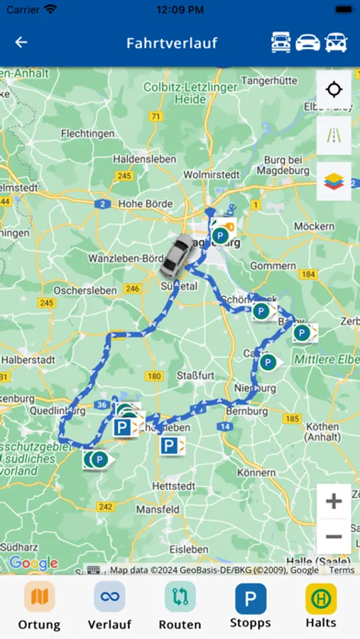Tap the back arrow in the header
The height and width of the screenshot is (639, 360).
[21, 43]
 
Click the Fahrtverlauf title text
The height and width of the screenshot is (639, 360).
[171, 43]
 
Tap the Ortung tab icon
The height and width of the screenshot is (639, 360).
[39, 597]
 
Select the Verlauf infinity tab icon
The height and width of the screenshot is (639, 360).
[109, 597]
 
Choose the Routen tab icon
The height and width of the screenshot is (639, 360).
[180, 597]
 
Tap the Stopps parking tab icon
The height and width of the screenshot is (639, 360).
[251, 599]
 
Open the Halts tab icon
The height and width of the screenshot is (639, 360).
[321, 599]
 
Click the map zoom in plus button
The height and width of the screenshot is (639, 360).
[334, 502]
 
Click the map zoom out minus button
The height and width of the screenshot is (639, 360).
[334, 537]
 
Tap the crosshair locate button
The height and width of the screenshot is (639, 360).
[334, 90]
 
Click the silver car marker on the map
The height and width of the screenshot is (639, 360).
[175, 255]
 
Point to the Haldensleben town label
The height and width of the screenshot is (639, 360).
[144, 159]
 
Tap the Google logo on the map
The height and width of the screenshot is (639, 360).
[33, 564]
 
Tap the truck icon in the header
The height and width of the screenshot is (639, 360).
[281, 43]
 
